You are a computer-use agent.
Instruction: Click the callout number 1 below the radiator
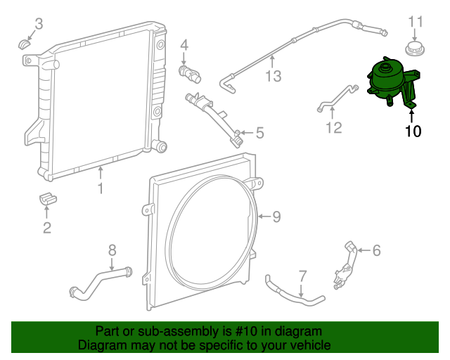coord(101,188)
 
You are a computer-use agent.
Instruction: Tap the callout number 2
coord(47,226)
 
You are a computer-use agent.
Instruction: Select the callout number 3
coord(39,24)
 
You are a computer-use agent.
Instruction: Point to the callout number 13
coord(272,75)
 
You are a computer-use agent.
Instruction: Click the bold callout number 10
coord(413,131)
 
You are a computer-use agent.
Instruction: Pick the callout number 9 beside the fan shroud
coord(276,217)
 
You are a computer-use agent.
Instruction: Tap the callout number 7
coord(302,275)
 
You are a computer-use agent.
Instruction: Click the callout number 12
coord(333,127)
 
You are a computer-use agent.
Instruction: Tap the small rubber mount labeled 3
coord(25,45)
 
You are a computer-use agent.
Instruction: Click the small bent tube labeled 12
coord(336,98)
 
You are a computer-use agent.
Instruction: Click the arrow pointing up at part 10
coord(412,110)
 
